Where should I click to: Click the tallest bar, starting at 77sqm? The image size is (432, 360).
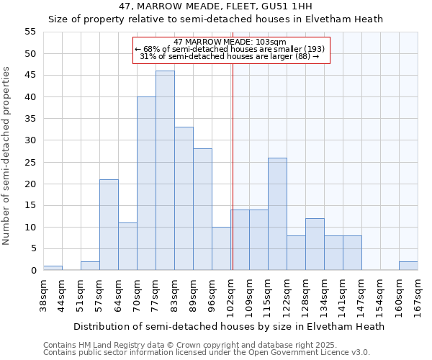point(165,171)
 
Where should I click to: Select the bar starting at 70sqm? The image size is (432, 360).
point(146,184)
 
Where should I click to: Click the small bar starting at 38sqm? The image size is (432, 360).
point(53,268)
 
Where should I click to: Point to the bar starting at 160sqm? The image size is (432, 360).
point(408,266)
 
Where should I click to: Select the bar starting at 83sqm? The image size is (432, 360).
point(184,199)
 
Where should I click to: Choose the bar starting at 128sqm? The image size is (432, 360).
point(315,244)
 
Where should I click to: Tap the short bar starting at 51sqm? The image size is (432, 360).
point(90,266)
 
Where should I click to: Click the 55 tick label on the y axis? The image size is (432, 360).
point(30,32)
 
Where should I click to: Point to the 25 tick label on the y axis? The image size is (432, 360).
point(30,162)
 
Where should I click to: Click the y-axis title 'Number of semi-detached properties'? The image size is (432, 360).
point(7,156)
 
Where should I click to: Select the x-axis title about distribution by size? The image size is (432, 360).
point(229,326)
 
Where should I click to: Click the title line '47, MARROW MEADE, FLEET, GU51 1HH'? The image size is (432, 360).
point(215,6)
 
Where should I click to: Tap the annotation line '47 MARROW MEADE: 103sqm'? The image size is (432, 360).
point(230,42)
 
